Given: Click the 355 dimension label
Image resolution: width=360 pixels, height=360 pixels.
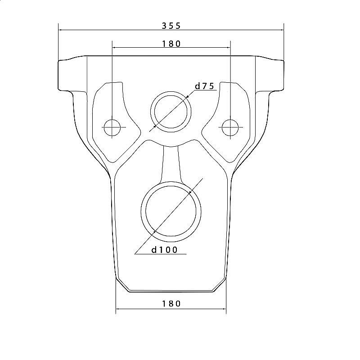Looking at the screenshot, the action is (x=171, y=26).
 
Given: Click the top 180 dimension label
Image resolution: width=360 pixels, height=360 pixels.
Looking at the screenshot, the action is (x=171, y=44).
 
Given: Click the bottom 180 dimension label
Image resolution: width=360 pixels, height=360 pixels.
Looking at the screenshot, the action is (x=171, y=304).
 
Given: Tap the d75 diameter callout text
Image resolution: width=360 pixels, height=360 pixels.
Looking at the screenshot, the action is (x=204, y=86).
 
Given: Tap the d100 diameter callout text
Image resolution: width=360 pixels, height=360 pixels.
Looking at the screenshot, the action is (x=164, y=250).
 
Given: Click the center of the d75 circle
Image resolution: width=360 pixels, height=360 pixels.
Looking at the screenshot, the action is (x=171, y=112).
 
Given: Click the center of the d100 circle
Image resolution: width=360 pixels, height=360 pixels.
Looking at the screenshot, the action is (x=171, y=211).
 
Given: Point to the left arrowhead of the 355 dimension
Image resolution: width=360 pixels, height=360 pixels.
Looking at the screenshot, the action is (x=60, y=30).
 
